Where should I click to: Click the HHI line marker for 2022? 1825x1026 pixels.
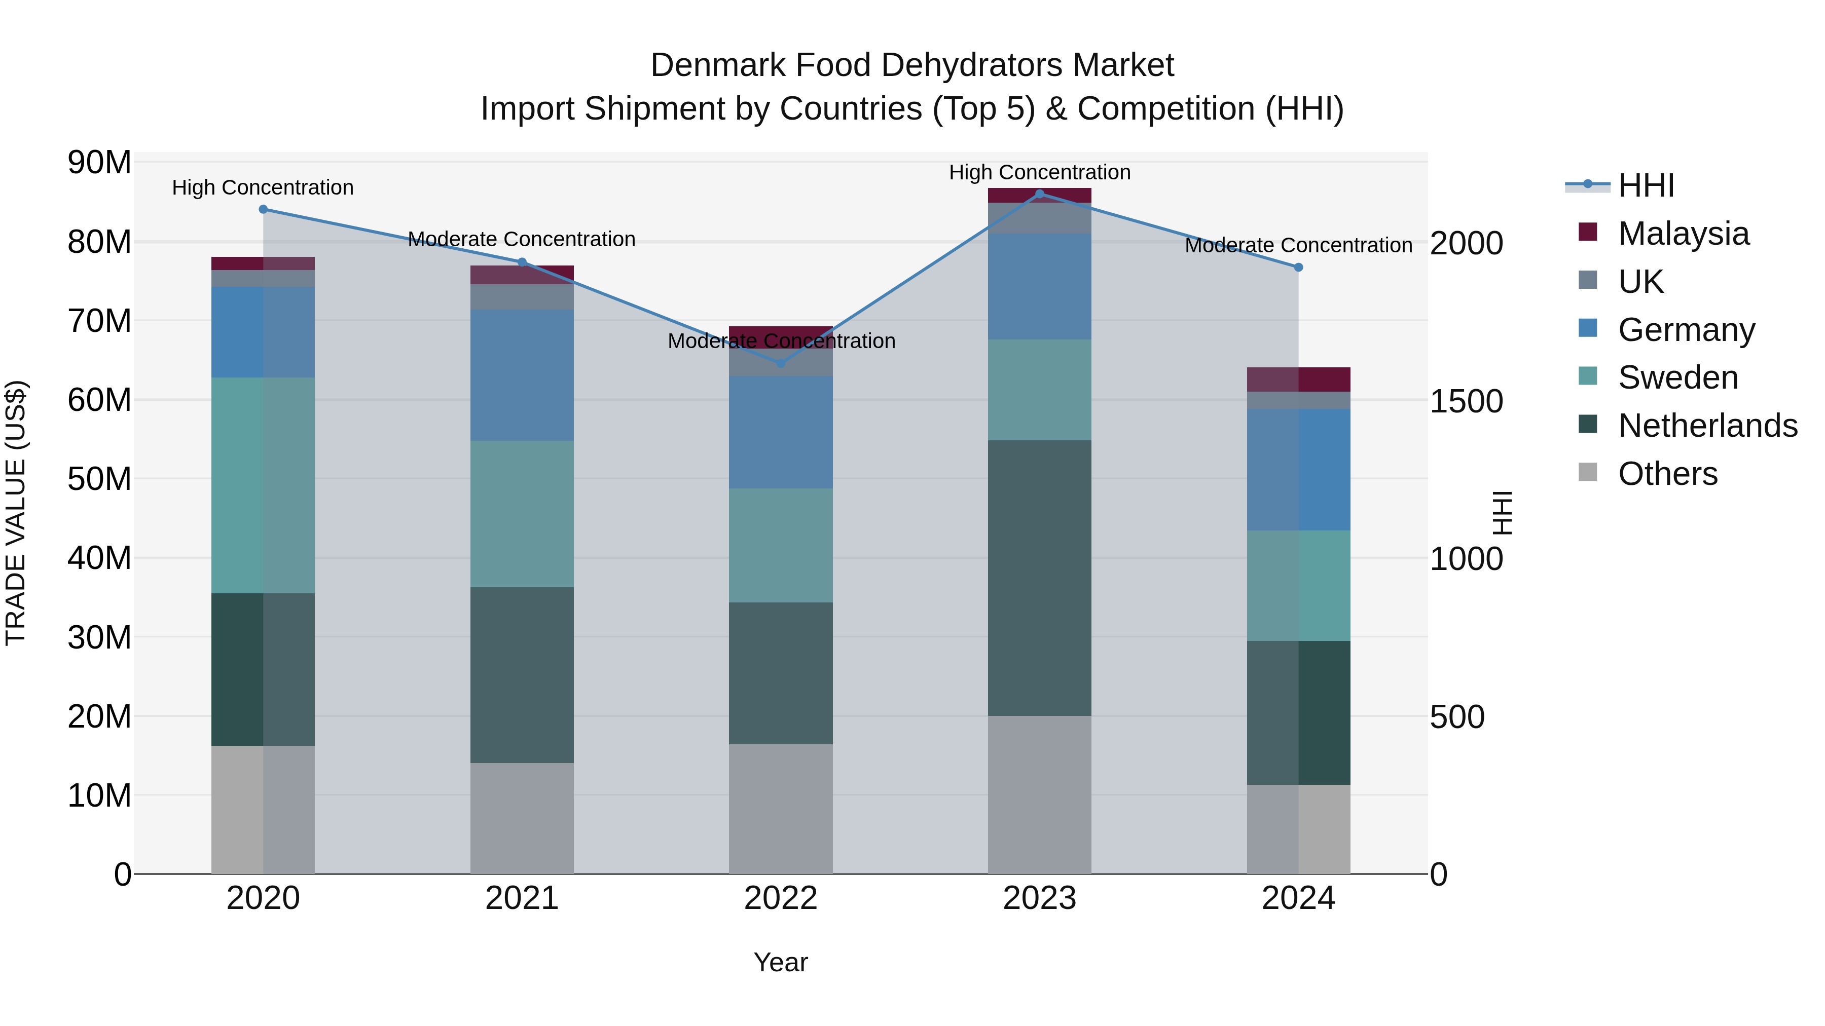781,363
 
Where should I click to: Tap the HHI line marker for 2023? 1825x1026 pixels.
1039,194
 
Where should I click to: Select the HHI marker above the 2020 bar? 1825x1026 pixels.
263,209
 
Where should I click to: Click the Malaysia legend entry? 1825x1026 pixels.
1683,234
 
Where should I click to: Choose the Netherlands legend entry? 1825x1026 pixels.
1707,426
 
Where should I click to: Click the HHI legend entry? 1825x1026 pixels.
1645,185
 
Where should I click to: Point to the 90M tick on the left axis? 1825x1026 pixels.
99,163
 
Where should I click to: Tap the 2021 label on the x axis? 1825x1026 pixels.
522,898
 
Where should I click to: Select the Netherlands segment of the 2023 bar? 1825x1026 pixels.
1039,577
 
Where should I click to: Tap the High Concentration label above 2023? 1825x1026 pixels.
1039,172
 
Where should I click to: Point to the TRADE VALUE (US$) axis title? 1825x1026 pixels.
16,513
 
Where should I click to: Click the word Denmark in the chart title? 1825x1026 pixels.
717,65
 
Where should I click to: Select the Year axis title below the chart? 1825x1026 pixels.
781,962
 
